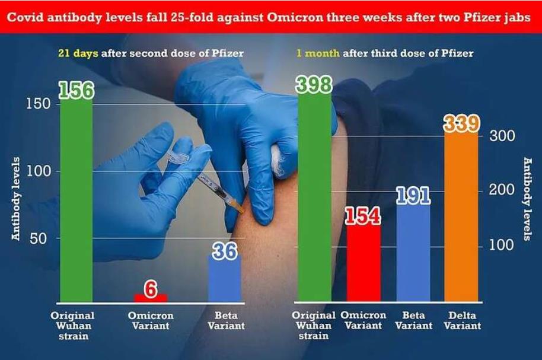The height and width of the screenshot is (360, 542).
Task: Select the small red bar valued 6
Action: [151, 298]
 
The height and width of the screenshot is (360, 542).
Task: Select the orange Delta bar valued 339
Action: [461, 219]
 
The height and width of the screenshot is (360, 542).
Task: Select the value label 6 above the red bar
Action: [151, 289]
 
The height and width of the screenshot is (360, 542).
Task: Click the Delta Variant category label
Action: [462, 321]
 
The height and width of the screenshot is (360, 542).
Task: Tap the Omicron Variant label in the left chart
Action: [151, 321]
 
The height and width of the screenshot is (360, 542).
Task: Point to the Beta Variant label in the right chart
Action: [413, 321]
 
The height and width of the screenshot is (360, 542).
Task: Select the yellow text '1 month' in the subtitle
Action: [318, 53]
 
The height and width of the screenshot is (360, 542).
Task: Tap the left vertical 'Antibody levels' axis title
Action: [17, 199]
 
